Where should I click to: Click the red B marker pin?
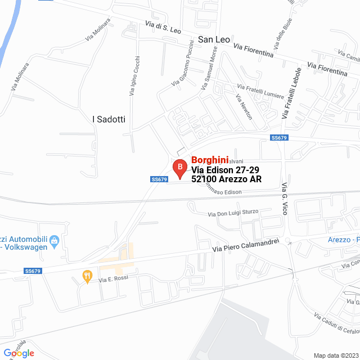179,167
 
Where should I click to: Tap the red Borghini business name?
210,160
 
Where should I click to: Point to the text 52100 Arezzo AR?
227,179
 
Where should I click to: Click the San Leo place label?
214,39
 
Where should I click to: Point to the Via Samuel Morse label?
208,67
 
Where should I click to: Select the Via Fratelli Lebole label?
292,93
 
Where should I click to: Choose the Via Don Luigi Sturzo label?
232,213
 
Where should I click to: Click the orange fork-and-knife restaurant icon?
87,276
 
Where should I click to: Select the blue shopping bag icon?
55,241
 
